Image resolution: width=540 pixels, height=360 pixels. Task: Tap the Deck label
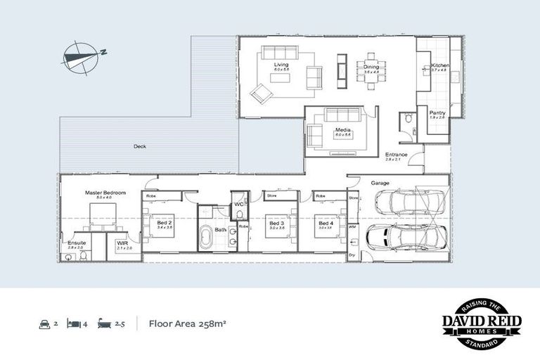[x=141, y=147]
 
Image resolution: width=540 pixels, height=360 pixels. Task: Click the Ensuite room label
[x=76, y=243]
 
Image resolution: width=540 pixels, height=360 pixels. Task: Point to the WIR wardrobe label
[x=121, y=243]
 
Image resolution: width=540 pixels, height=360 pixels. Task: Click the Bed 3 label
[x=276, y=224]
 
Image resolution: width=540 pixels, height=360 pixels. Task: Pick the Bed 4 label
[x=324, y=224]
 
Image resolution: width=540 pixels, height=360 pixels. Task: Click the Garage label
[x=380, y=183]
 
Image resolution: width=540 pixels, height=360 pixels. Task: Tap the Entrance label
[x=397, y=155]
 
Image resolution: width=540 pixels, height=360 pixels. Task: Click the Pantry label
[x=437, y=112]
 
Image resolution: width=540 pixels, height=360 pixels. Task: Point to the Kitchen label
[x=439, y=67]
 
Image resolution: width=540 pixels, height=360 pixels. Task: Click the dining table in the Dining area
[x=371, y=67]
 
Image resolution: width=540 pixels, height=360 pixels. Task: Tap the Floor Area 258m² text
[x=187, y=324]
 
